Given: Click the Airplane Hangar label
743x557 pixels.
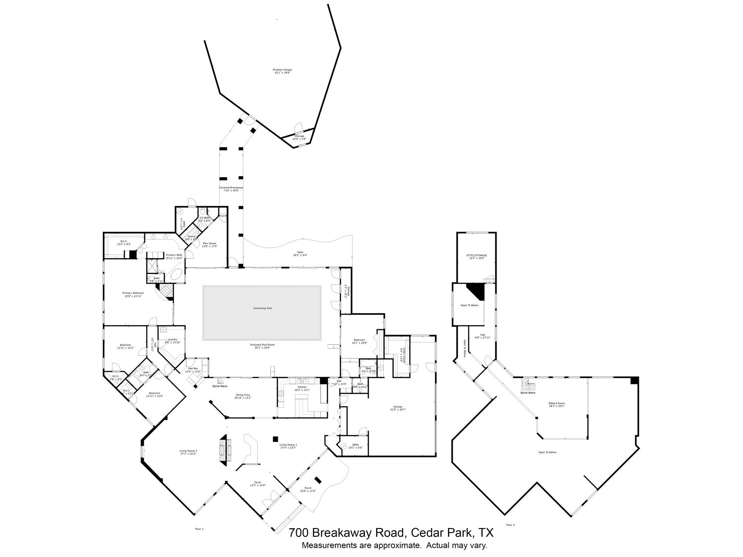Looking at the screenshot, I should (x=282, y=71).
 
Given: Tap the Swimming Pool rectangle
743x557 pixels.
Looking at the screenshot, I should (x=262, y=313).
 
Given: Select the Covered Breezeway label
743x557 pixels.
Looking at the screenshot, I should (x=231, y=189).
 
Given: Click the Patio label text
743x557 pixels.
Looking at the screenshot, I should (x=300, y=253).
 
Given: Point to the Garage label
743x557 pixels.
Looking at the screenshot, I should (x=398, y=408).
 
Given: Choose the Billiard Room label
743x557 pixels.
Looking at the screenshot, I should (x=557, y=405).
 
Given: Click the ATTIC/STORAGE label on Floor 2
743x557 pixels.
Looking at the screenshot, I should (x=476, y=256).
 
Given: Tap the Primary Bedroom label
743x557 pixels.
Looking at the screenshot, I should (x=133, y=294).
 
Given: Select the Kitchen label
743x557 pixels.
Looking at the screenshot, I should (x=302, y=388).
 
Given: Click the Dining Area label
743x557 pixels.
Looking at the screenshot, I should (x=243, y=396).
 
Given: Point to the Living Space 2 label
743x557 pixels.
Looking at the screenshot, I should (x=188, y=452).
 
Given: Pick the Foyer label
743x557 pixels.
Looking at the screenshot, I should (x=258, y=484).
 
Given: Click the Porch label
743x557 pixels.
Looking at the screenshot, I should (x=308, y=489).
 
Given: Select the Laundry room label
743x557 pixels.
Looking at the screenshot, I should (x=172, y=341).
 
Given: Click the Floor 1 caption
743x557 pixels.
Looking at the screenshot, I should (x=199, y=529).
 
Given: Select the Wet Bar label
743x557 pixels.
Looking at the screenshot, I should (x=193, y=370).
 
